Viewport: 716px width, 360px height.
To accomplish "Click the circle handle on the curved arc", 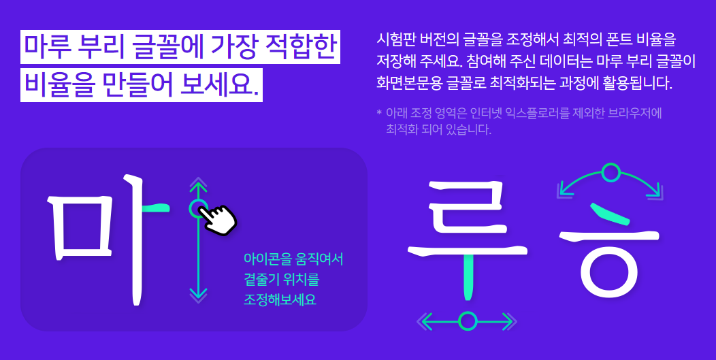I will pos(611,172).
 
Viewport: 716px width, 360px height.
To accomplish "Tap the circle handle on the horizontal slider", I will pos(468,321).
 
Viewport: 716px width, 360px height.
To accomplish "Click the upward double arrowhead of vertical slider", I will pos(198,184).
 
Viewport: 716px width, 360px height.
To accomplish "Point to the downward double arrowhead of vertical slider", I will pos(198,295).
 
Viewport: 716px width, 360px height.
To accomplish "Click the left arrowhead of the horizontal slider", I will pos(425,321).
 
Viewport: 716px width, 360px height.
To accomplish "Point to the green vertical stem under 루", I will pos(468,276).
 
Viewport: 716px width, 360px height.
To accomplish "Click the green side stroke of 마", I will pos(155,207).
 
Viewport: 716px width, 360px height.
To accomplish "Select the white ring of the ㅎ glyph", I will pos(610,272).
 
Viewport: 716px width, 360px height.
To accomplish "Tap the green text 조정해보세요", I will pos(280,299).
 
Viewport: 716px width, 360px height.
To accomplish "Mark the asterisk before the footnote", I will pos(379,112).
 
